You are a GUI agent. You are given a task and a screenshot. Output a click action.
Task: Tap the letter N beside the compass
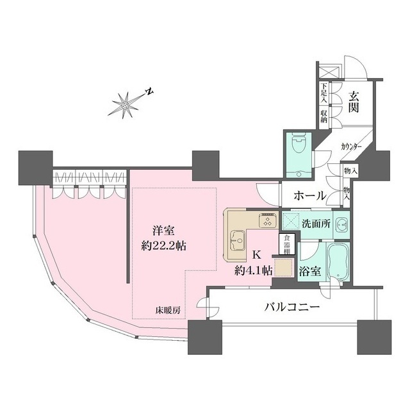coord(148,91)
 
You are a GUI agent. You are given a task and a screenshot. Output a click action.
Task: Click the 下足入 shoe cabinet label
coord(324,94)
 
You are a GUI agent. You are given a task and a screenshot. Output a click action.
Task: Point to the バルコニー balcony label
coord(293,307)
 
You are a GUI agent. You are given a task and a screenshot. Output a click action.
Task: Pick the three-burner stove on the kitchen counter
coord(266,221)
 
